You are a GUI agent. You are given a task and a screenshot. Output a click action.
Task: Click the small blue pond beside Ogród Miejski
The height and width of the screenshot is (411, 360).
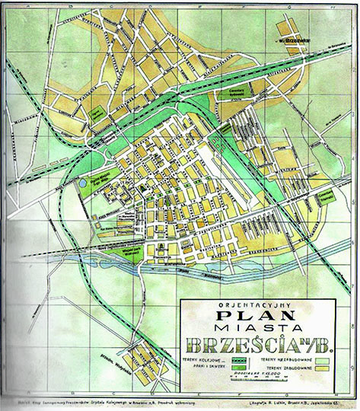pos(82,183)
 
